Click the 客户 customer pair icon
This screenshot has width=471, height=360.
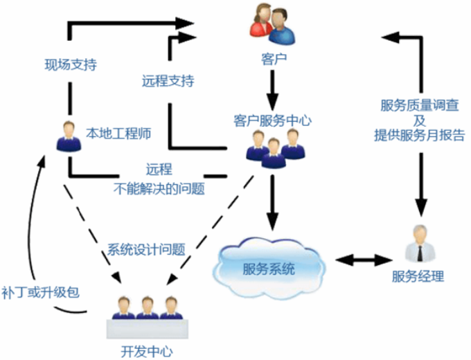click(269, 24)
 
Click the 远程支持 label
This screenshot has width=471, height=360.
click(168, 81)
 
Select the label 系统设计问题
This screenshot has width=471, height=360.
click(146, 249)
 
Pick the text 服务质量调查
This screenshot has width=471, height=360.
click(419, 105)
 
